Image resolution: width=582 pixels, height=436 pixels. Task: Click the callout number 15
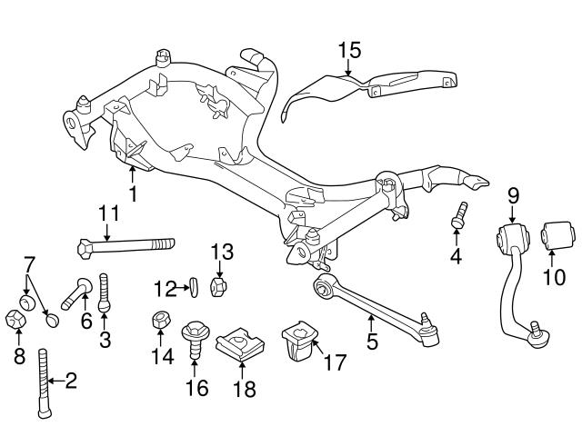click(x=350, y=48)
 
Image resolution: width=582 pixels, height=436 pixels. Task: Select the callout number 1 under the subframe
click(x=133, y=193)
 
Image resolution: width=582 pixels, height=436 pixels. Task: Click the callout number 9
click(x=512, y=194)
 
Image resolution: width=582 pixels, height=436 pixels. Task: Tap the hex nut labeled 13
click(x=218, y=286)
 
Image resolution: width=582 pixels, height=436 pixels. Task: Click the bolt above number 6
click(x=76, y=292)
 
